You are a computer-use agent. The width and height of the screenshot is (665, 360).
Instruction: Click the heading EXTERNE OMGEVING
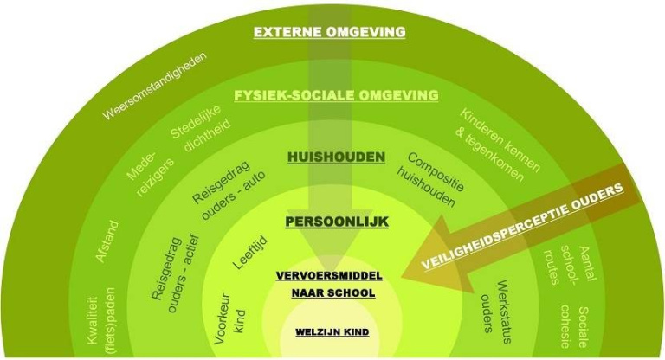coord(329,33)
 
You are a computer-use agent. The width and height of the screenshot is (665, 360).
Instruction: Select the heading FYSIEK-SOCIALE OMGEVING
coord(335,95)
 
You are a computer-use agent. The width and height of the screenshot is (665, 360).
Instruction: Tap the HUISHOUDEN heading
coord(337,157)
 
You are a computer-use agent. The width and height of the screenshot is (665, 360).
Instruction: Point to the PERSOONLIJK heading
coord(337,222)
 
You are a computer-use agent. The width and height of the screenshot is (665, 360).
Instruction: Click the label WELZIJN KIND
coord(333,331)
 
